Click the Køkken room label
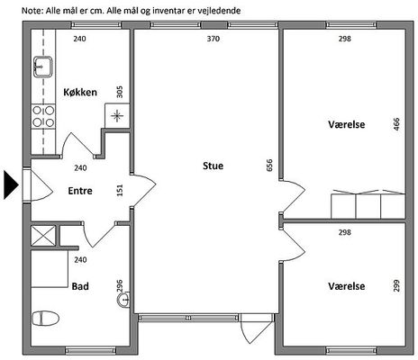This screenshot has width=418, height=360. tap(80, 92)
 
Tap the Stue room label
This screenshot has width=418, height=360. tap(213, 166)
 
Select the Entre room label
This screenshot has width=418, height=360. tap(80, 191)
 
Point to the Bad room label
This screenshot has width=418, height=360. tap(80, 286)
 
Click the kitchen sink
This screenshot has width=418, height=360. tap(43, 67)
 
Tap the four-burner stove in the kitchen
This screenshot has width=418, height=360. tap(43, 117)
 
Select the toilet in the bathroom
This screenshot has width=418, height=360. tap(45, 319)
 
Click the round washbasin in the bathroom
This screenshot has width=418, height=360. tap(123, 300)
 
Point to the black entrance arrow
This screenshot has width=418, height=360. tap(11, 184)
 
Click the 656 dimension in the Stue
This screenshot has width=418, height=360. tap(269, 166)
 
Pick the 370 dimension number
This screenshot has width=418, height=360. tap(214, 39)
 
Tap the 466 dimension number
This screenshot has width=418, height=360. tap(396, 124)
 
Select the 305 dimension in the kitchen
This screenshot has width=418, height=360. tap(119, 92)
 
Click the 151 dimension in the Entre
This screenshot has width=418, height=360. tap(120, 190)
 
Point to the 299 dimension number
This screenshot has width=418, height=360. tap(396, 285)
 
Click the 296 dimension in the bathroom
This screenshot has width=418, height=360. tap(120, 285)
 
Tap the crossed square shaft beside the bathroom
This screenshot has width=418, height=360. tap(43, 236)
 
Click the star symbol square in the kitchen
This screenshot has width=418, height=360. tap(117, 115)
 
